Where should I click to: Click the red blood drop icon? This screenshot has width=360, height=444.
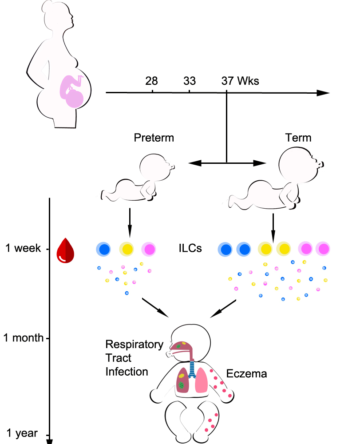(65, 250)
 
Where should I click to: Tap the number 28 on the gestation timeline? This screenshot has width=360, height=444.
(151, 81)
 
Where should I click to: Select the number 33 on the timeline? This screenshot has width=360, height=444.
(190, 81)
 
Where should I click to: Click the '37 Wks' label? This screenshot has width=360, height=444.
(240, 81)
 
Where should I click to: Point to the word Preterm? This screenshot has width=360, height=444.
(154, 138)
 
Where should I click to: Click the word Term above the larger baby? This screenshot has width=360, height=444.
(298, 138)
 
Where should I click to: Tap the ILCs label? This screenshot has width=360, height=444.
(190, 248)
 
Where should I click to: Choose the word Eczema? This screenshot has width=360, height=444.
(246, 374)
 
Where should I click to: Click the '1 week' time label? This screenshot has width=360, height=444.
(23, 248)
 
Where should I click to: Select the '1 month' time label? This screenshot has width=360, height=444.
(23, 338)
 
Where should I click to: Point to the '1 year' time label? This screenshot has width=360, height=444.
(22, 433)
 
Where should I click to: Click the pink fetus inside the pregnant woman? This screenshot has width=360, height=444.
(72, 91)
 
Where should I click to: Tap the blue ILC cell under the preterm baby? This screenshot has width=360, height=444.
(103, 249)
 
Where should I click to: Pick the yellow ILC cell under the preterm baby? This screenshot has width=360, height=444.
(126, 249)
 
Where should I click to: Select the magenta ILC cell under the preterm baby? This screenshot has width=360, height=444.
(149, 249)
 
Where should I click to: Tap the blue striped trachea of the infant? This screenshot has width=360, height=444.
(193, 369)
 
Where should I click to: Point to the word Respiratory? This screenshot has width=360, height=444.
(135, 345)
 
